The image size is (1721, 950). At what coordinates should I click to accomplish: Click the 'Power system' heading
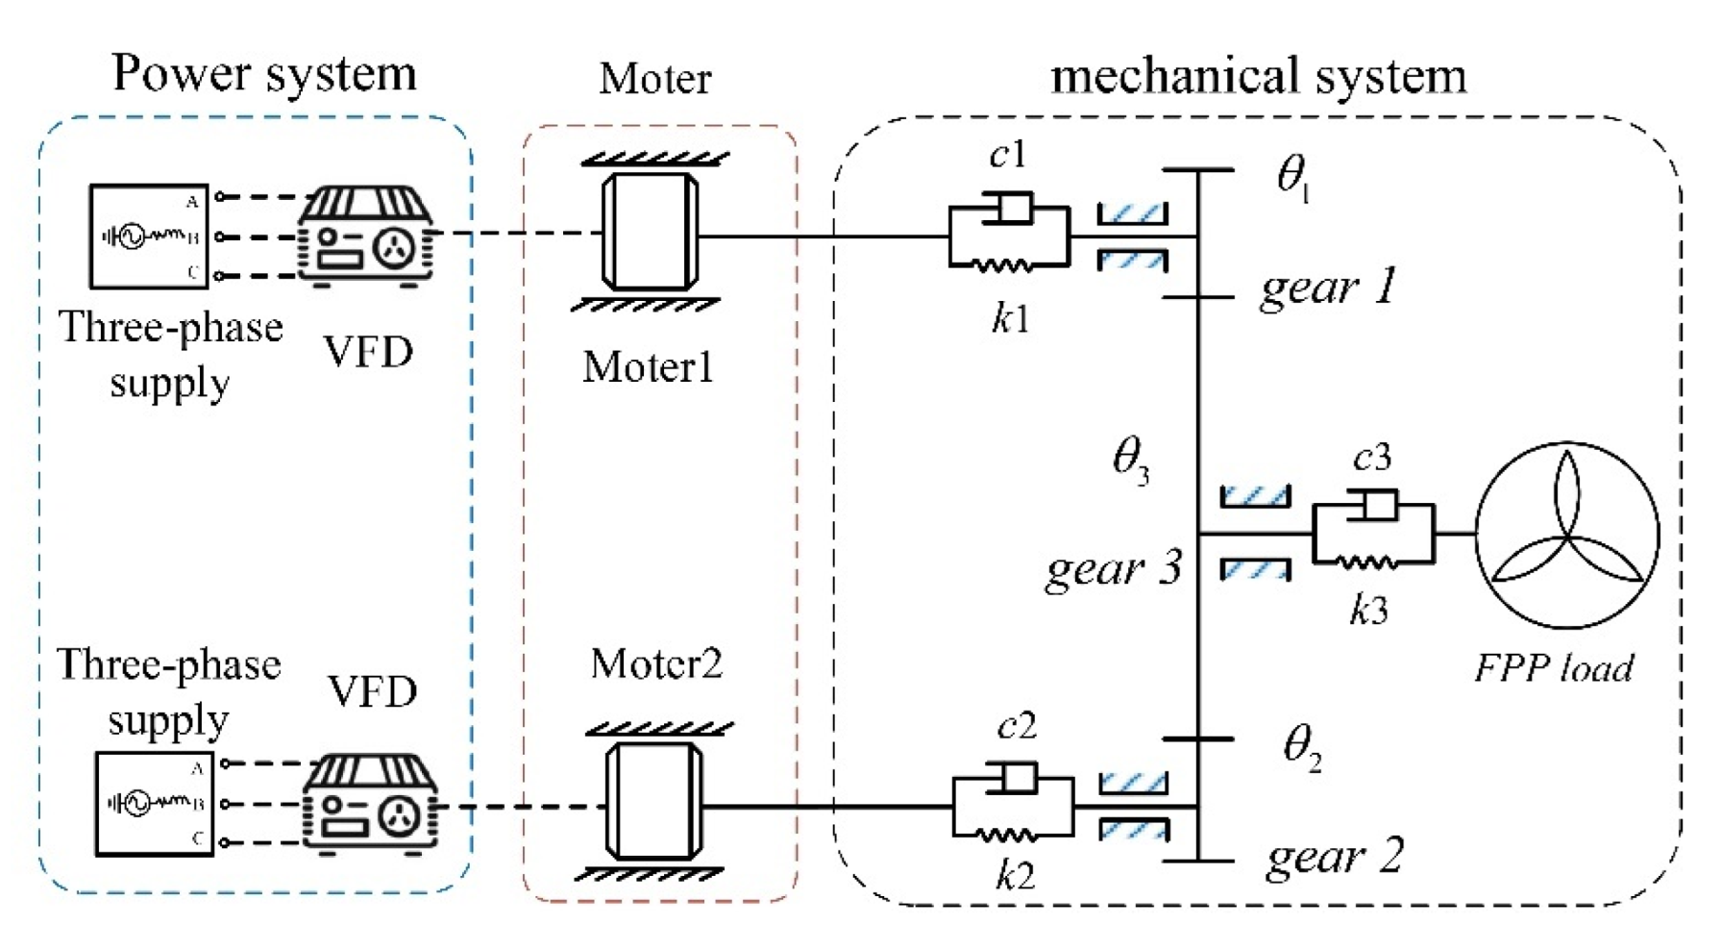pos(264,74)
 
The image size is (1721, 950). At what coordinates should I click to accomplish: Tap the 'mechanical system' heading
pos(1258,76)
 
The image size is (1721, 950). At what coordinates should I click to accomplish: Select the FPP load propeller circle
pos(1567,535)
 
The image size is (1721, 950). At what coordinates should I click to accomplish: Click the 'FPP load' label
pos(1554,667)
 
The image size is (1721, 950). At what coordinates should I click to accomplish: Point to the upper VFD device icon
pos(365,236)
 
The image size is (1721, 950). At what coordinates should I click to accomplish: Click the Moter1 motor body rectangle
pos(650,232)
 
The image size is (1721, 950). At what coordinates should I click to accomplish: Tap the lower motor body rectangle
pos(653,801)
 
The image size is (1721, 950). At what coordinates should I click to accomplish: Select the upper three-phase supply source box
pos(149,237)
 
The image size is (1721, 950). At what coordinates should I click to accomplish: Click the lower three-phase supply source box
pos(154,804)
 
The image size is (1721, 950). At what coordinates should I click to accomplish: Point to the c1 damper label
pos(1008,154)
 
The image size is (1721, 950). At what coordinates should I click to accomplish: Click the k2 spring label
pos(1015,875)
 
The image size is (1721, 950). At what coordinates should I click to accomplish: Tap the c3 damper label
pos(1371,458)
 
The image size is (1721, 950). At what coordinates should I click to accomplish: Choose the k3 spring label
pos(1368,610)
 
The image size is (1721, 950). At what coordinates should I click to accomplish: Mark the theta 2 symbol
pos(1302,746)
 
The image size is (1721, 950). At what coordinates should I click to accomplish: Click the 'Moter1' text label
pos(648,367)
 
